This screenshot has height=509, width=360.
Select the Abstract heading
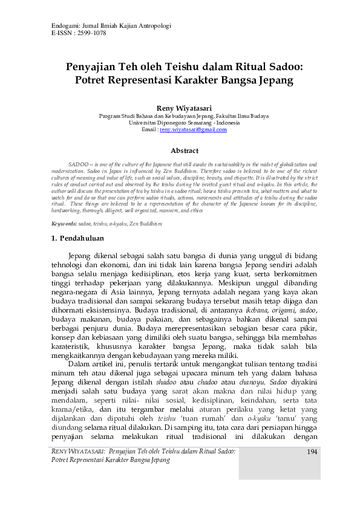pos(180,149)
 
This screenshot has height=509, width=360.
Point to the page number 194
pos(313,452)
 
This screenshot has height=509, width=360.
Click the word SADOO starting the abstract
pos(79,164)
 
